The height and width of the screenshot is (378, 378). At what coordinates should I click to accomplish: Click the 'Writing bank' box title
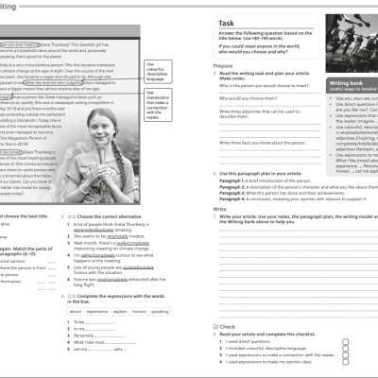tap(328, 85)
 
